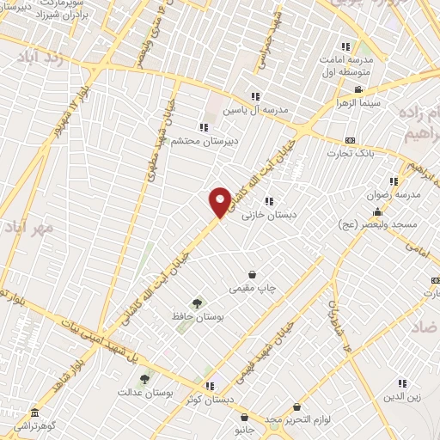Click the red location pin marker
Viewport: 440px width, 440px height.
[x=221, y=202]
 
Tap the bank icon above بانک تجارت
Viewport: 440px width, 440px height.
[x=350, y=140]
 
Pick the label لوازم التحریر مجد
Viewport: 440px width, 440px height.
[x=296, y=419]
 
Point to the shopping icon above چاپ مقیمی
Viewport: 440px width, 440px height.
[x=252, y=274]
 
